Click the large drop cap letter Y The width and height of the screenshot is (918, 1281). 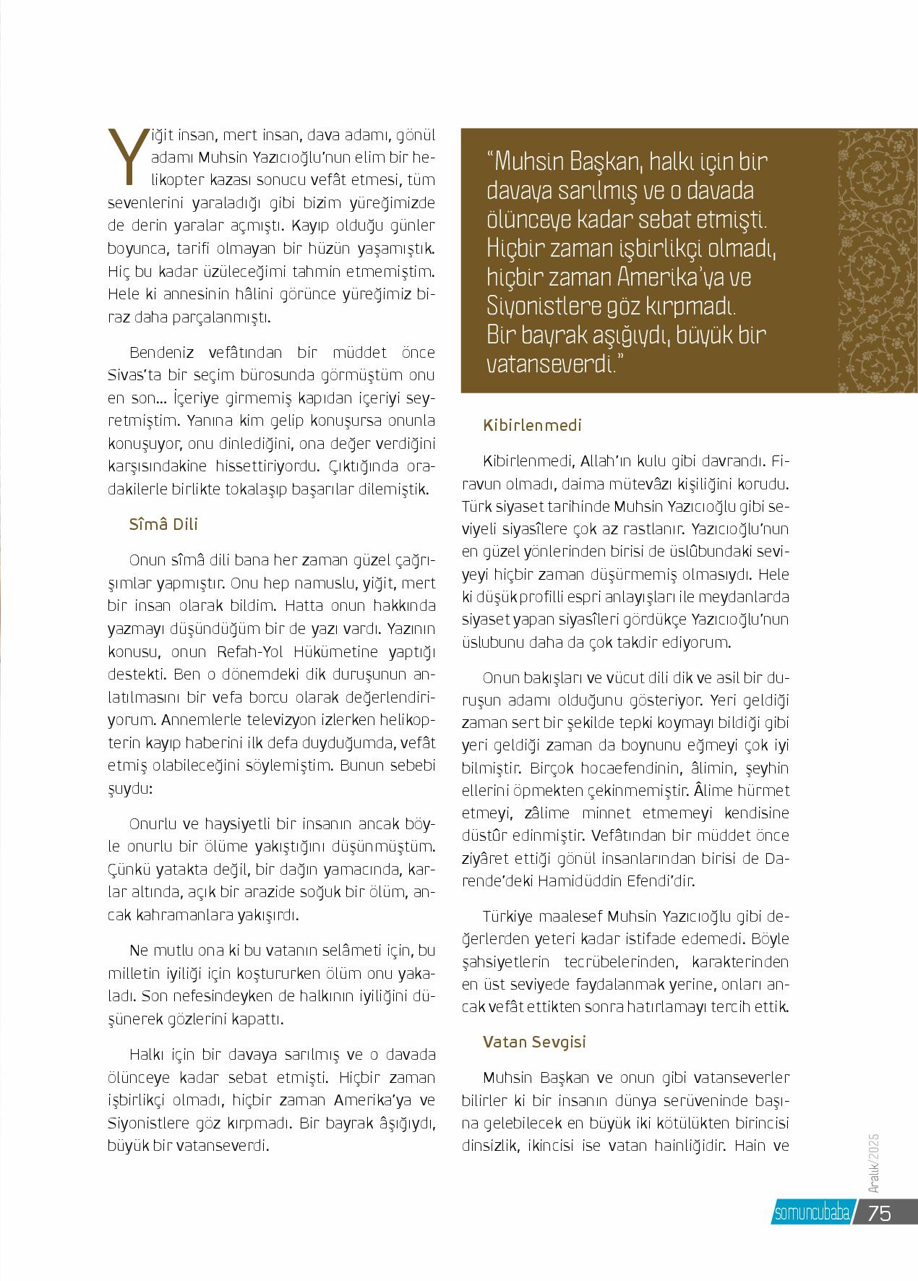125,155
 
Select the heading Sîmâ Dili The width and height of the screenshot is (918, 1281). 163,525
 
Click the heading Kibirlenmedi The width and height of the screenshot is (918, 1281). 532,425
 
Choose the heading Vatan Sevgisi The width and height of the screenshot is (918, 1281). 534,1042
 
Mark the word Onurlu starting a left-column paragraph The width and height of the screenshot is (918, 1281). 153,824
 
